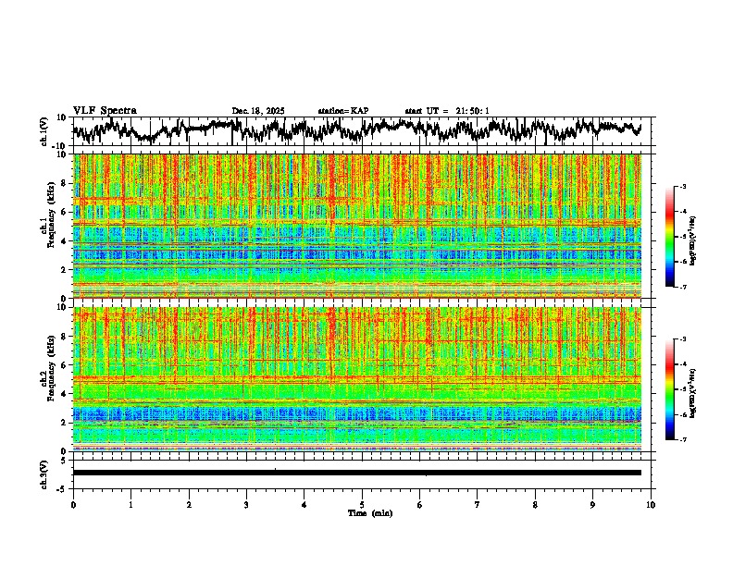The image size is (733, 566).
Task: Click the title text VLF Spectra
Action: pyautogui.click(x=105, y=111)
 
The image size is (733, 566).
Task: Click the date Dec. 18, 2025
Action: pyautogui.click(x=258, y=111)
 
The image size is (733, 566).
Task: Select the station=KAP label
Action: pyautogui.click(x=342, y=111)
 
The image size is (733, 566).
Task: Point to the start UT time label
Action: pyautogui.click(x=447, y=111)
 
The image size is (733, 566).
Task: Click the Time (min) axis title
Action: pyautogui.click(x=369, y=512)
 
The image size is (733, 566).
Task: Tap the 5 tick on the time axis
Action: pyautogui.click(x=362, y=505)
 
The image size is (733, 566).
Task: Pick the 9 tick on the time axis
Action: pyautogui.click(x=593, y=505)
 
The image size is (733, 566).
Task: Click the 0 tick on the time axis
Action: pyautogui.click(x=73, y=505)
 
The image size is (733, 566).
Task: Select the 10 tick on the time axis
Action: pyautogui.click(x=651, y=505)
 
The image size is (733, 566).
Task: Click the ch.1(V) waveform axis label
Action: pyautogui.click(x=44, y=131)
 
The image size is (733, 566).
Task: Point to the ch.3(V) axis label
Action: pyautogui.click(x=44, y=473)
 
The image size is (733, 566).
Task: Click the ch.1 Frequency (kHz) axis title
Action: pyautogui.click(x=49, y=227)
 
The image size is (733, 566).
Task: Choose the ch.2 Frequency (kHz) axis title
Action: pyautogui.click(x=49, y=379)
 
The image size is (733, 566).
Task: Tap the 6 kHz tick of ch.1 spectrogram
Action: pyautogui.click(x=65, y=213)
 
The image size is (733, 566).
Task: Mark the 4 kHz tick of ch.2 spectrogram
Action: pyautogui.click(x=65, y=394)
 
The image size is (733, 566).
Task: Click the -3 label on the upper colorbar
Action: pyautogui.click(x=682, y=188)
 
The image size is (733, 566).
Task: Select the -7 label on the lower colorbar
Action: pyautogui.click(x=682, y=439)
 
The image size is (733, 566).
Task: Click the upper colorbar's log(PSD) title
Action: pyautogui.click(x=693, y=238)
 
